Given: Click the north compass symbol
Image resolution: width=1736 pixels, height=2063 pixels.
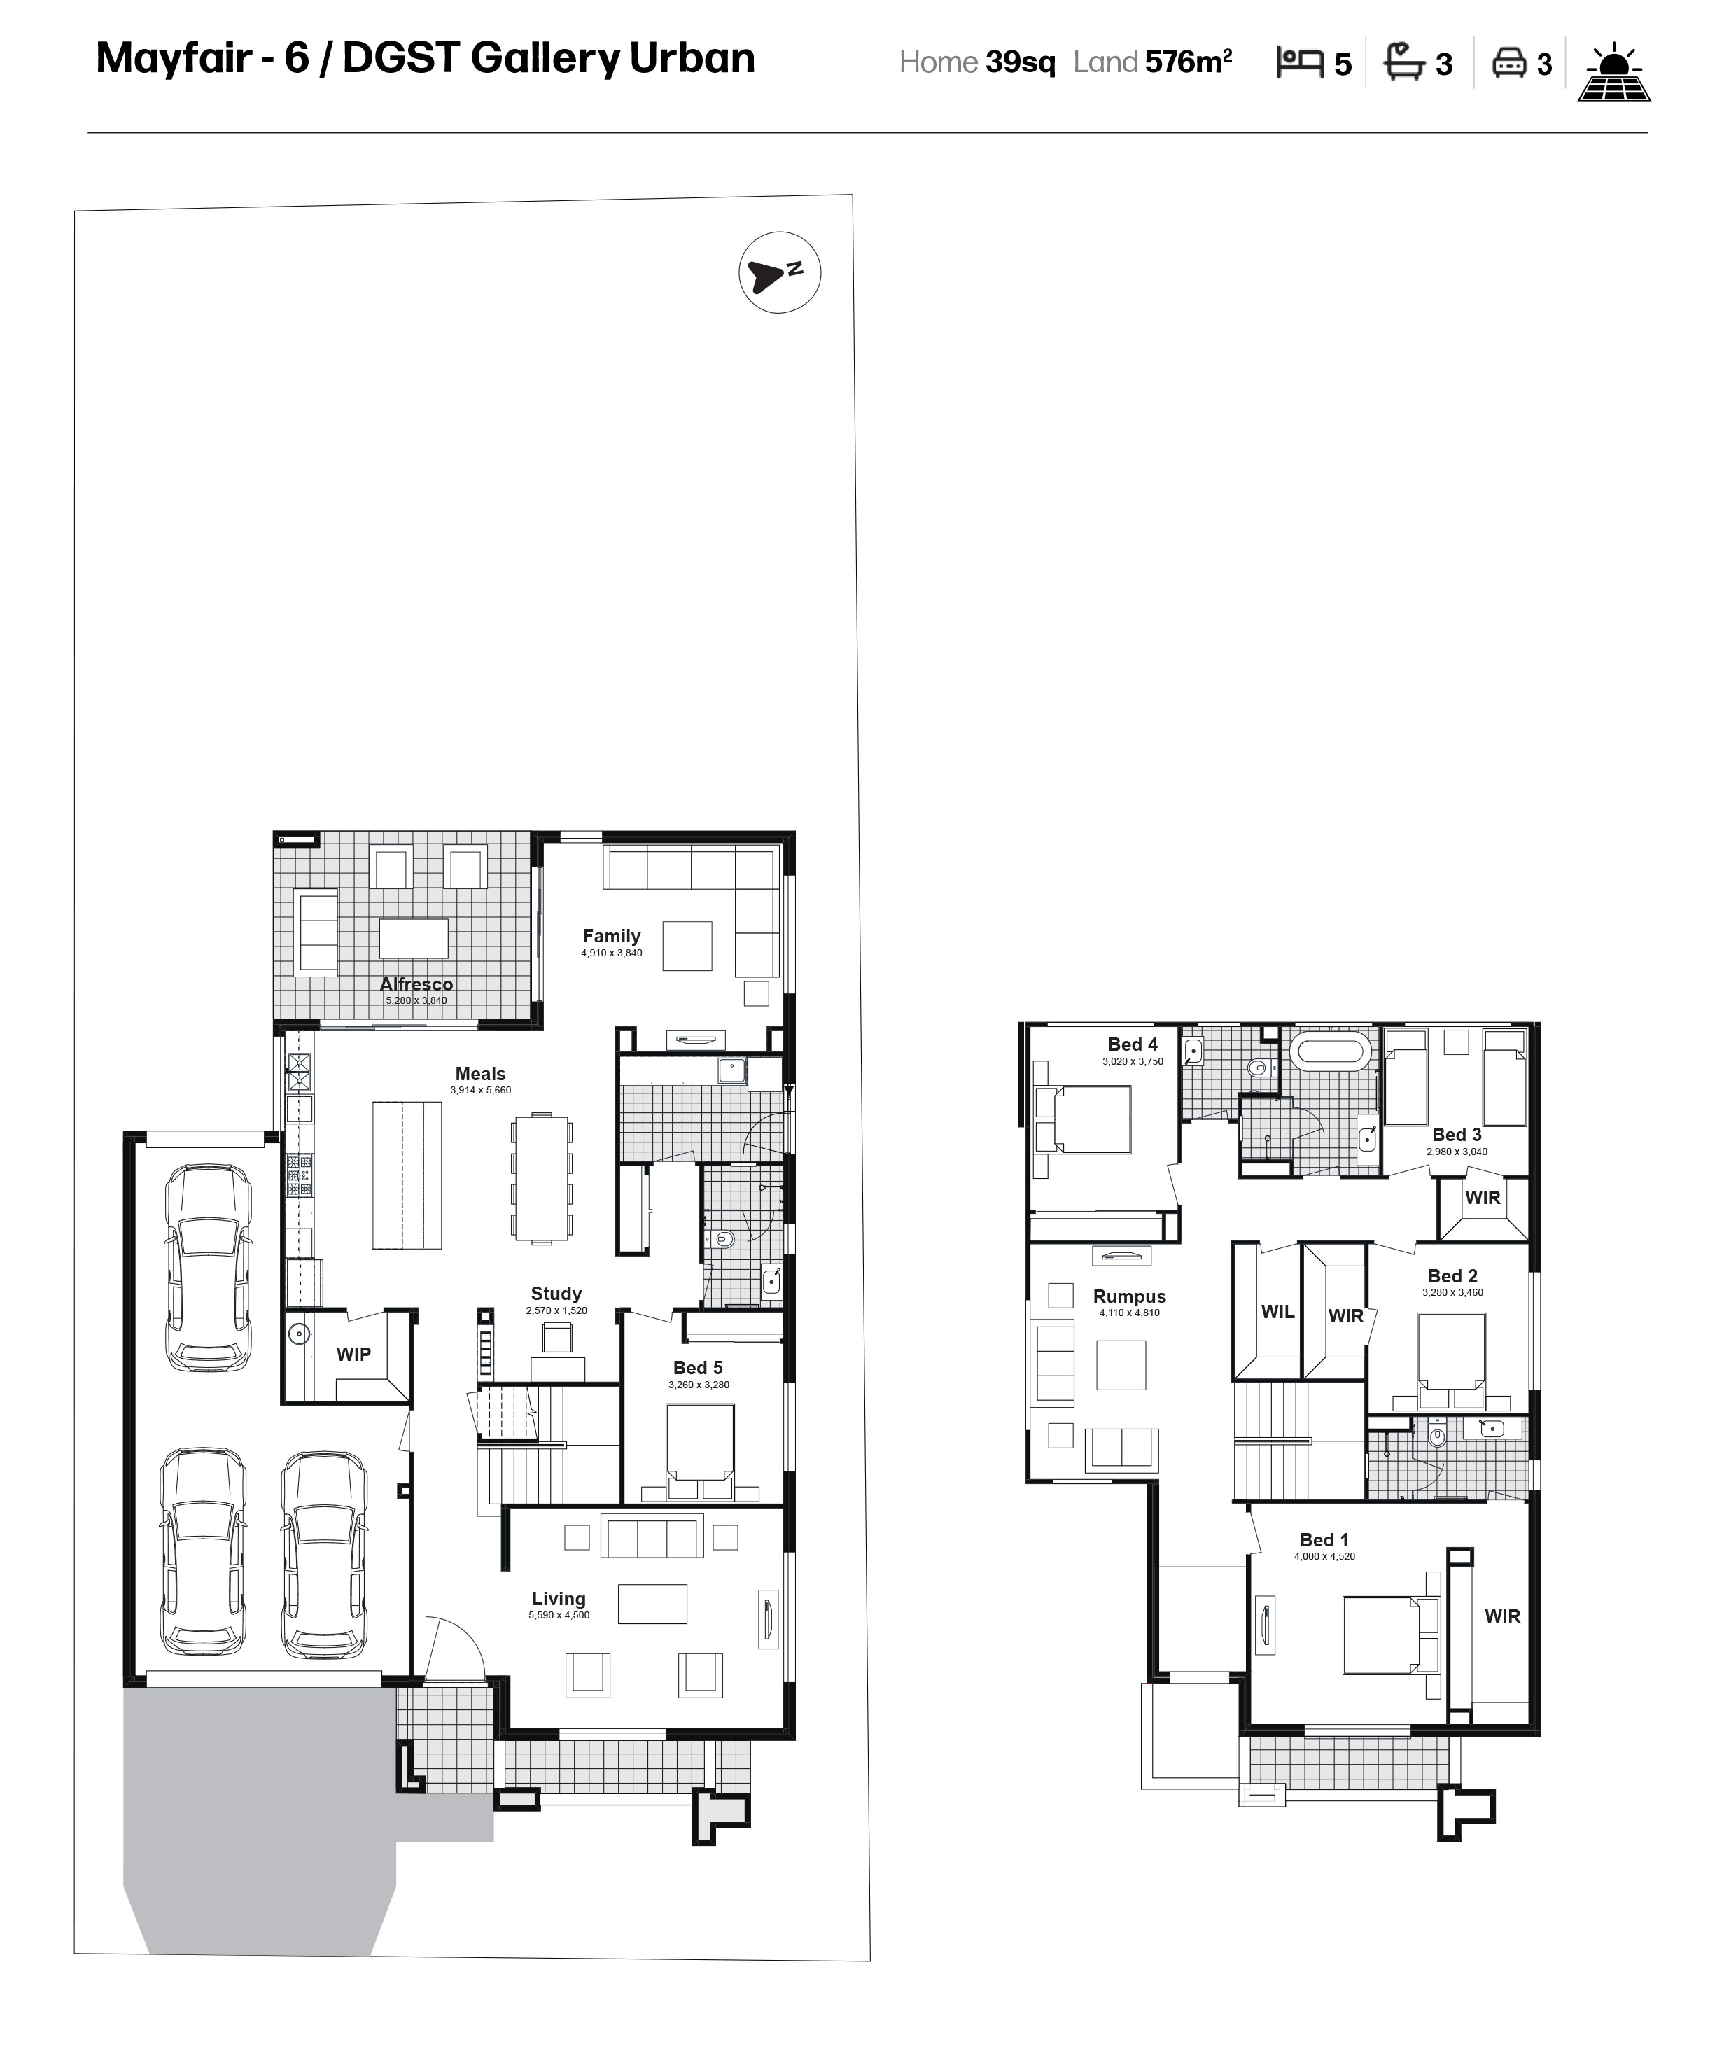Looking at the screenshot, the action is [779, 272].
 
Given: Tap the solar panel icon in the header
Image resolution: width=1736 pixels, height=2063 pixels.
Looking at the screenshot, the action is [1614, 72].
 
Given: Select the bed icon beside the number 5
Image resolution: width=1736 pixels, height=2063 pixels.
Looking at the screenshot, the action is [1300, 62].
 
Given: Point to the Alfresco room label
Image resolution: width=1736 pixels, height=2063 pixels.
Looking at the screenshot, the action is [416, 984].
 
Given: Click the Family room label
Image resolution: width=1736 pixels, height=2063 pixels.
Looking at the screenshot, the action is [611, 936].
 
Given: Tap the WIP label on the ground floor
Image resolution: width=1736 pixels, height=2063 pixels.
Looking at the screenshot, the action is [353, 1355].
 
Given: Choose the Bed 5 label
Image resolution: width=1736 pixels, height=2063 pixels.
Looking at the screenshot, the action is [698, 1367].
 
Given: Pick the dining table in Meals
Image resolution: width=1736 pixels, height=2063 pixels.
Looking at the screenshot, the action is [541, 1178].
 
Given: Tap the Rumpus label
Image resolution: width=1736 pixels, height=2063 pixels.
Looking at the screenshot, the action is [1129, 1296].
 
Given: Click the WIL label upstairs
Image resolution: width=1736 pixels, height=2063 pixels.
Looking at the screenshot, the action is [1277, 1311].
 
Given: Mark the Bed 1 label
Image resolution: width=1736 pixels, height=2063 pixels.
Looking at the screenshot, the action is [1324, 1539].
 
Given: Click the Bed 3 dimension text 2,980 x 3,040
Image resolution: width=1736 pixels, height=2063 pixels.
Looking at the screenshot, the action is [1457, 1151].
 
